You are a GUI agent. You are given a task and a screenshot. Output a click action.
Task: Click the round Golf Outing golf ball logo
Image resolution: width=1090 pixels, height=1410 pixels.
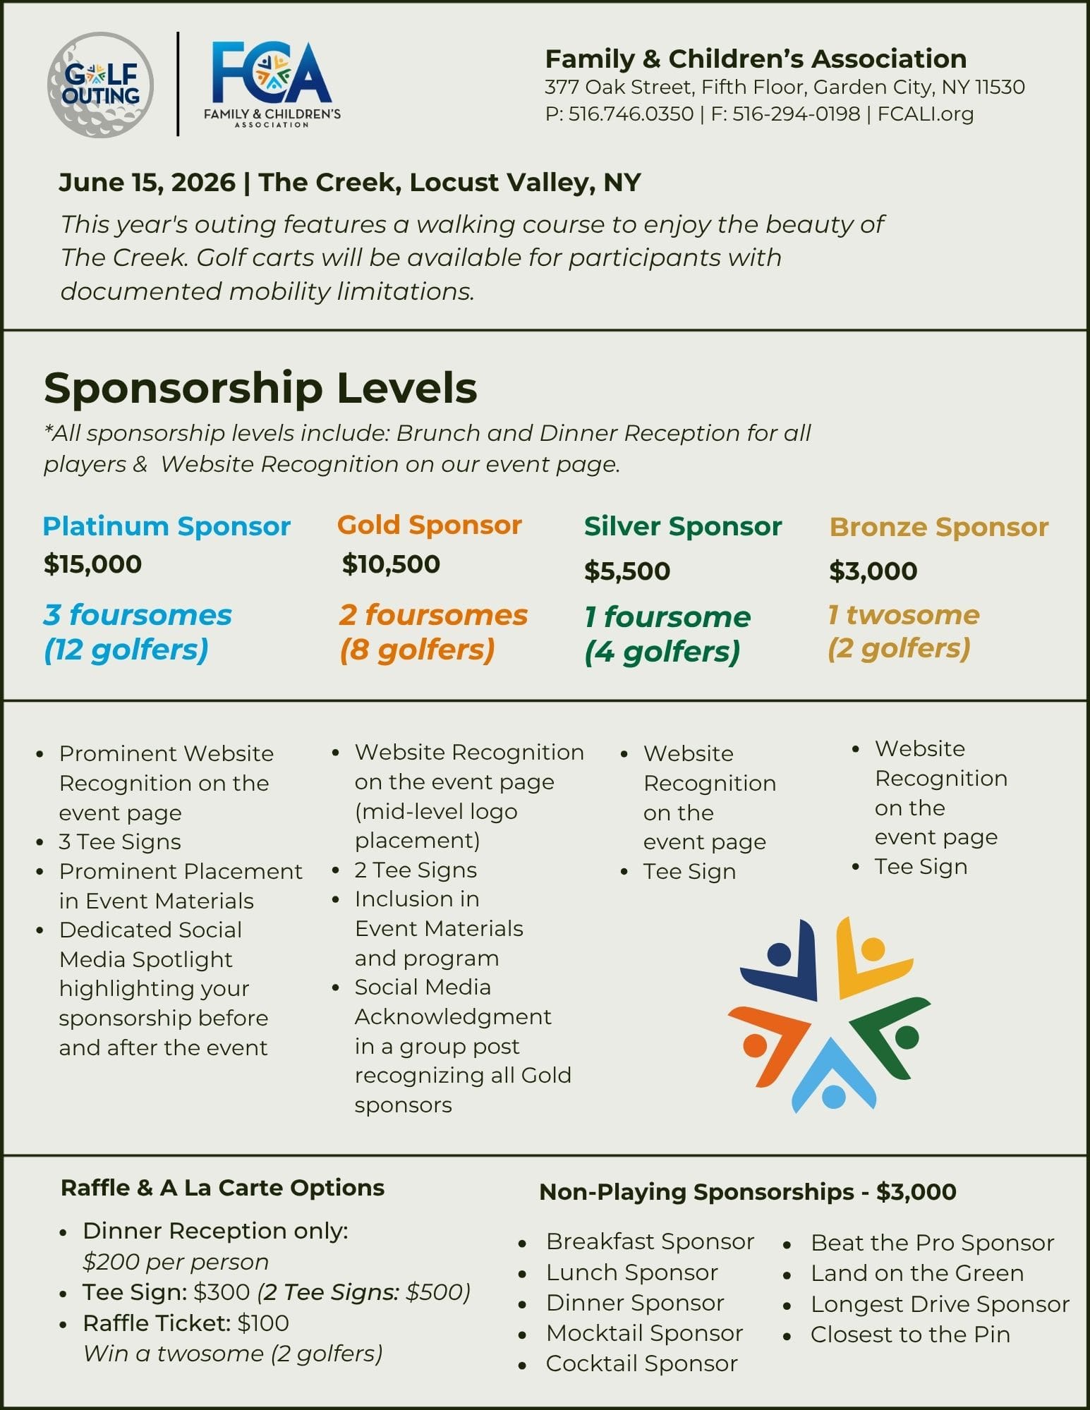point(100,85)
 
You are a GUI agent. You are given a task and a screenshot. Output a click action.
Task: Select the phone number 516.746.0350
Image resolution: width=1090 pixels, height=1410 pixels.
point(631,114)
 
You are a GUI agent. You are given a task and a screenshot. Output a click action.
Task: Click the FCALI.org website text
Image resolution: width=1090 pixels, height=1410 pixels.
point(925,114)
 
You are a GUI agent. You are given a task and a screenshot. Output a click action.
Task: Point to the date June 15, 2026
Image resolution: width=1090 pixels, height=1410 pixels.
point(147,183)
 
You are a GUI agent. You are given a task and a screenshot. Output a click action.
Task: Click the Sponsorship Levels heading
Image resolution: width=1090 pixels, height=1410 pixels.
point(260,387)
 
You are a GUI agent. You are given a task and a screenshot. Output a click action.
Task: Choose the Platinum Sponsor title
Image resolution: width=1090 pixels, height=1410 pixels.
point(166,526)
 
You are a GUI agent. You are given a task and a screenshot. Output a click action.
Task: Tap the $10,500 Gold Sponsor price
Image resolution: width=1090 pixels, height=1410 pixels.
point(391,564)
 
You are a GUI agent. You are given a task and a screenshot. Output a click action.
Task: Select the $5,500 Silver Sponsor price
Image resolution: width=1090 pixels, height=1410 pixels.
point(626,571)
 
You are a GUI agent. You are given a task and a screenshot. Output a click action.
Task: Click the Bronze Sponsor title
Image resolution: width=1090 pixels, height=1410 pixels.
point(938,527)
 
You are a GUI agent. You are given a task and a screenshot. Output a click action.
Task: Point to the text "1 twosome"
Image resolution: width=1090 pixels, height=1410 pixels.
point(903,615)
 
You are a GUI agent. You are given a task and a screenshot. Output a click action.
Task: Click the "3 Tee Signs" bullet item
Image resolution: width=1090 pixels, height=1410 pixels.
point(120,841)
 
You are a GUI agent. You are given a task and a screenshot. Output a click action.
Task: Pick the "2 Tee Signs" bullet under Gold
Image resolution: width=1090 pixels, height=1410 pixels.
point(416,870)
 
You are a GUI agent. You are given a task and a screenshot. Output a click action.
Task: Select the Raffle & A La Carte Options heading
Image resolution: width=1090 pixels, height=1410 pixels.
point(222,1188)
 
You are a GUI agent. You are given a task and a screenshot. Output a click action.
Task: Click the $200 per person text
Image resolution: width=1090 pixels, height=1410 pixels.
point(176,1262)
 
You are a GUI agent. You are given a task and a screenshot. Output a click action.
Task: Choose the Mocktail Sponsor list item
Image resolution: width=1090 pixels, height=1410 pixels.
point(644,1333)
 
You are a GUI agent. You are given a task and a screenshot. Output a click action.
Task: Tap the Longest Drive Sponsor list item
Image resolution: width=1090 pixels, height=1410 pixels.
point(940,1304)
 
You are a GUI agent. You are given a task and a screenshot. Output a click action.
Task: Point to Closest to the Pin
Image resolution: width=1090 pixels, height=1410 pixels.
point(910,1335)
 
